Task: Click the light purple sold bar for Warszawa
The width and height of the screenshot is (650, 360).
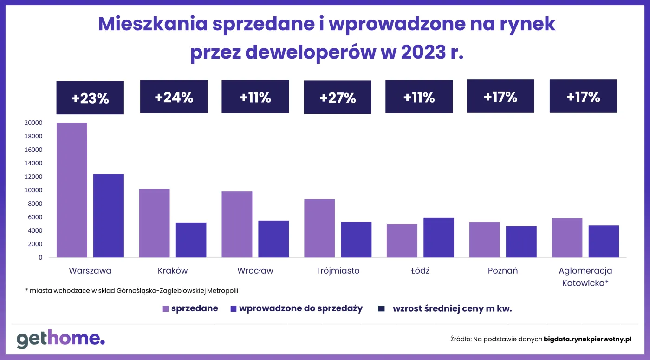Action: point(72,190)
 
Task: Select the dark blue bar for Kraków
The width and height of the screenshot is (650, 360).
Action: point(191,240)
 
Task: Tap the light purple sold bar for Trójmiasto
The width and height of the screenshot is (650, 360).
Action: point(319,228)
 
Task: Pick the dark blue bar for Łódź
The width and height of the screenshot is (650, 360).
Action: point(438,237)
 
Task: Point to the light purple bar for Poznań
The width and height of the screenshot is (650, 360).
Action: point(484,240)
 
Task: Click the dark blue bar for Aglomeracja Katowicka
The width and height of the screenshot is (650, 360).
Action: point(604,241)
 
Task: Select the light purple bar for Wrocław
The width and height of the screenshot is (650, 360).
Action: point(237,224)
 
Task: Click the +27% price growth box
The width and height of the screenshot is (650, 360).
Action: point(338,98)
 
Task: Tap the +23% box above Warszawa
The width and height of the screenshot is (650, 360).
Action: point(90,98)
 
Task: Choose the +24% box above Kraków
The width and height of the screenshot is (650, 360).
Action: point(174,97)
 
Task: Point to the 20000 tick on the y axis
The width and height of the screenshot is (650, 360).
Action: point(34,123)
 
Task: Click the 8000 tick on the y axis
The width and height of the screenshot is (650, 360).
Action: point(36,203)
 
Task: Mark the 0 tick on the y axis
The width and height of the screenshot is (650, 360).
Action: point(40,257)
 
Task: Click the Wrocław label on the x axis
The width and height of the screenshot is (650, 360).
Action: point(255,271)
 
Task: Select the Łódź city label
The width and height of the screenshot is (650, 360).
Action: point(420,271)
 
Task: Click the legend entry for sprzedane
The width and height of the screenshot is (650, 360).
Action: point(190,308)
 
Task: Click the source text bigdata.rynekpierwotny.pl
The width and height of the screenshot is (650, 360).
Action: point(587,340)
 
